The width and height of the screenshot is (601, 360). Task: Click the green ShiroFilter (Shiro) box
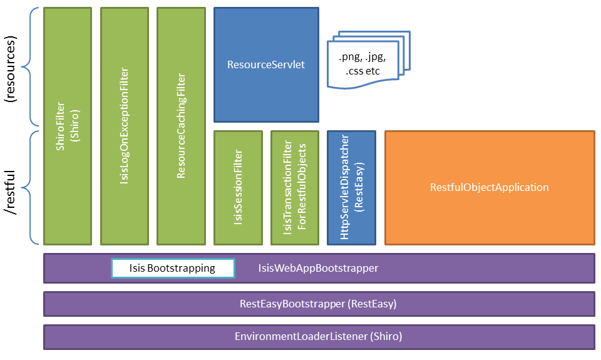pyautogui.click(x=68, y=125)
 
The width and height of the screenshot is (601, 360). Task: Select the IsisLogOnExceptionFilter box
pyautogui.click(x=125, y=125)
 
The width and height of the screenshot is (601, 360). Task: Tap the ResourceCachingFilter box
pyautogui.click(x=182, y=125)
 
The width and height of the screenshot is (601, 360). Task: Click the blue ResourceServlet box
pyautogui.click(x=266, y=64)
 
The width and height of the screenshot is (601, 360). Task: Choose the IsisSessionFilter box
pyautogui.click(x=238, y=187)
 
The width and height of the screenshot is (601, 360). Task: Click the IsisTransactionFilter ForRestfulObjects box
pyautogui.click(x=295, y=187)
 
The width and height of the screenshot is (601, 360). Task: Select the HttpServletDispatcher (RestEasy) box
pyautogui.click(x=351, y=187)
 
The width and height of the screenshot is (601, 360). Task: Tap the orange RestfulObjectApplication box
pyautogui.click(x=489, y=187)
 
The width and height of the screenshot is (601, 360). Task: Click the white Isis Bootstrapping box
pyautogui.click(x=173, y=268)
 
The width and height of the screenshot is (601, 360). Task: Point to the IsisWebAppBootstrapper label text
pyautogui.click(x=318, y=268)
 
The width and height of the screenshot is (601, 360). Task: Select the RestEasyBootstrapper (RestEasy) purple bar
pyautogui.click(x=319, y=304)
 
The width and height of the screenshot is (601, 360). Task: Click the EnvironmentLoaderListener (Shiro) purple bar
pyautogui.click(x=319, y=336)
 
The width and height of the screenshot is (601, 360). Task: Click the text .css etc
pyautogui.click(x=362, y=71)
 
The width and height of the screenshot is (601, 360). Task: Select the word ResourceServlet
pyautogui.click(x=266, y=64)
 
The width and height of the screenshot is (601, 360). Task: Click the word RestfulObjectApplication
pyautogui.click(x=489, y=187)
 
